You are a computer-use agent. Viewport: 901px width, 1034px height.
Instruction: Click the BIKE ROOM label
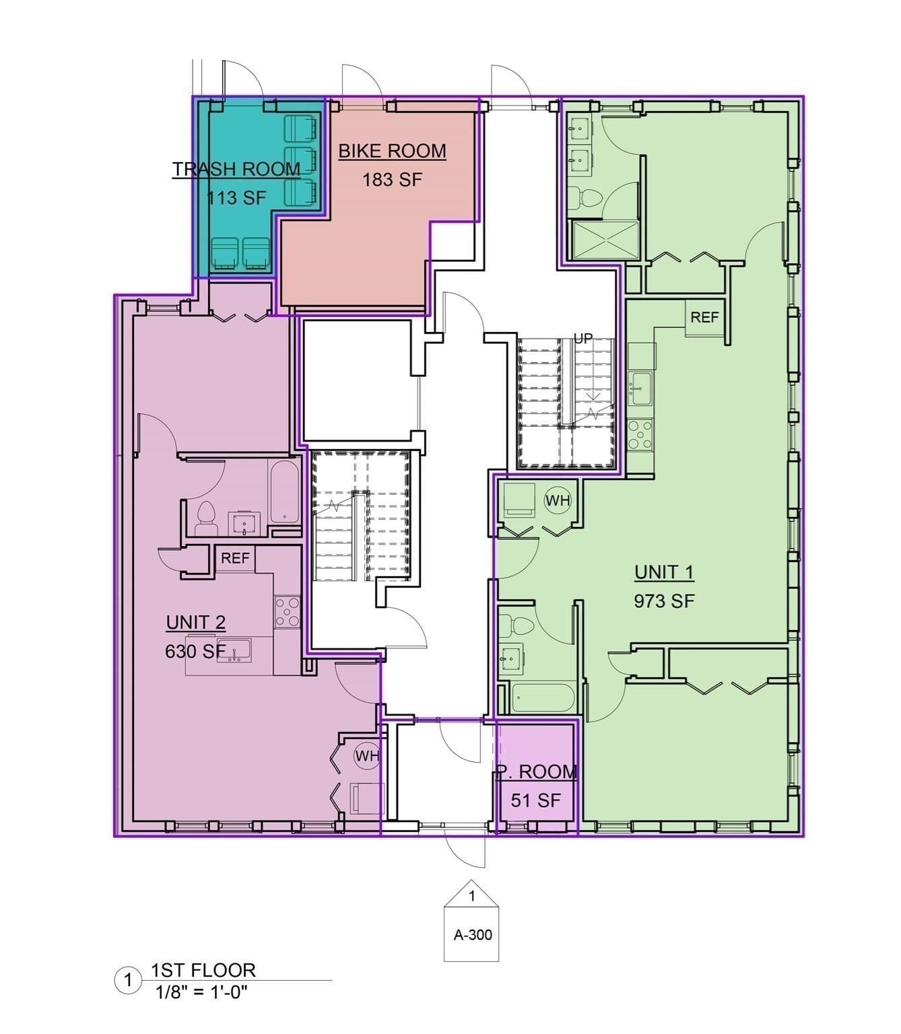(392, 151)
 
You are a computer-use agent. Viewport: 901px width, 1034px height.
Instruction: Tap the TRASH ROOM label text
(236, 169)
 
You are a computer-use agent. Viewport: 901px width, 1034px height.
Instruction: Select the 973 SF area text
(664, 601)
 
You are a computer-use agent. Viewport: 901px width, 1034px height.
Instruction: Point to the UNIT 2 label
(195, 623)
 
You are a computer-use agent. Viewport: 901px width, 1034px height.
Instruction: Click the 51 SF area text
(535, 800)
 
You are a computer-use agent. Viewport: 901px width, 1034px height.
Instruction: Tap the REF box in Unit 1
(704, 317)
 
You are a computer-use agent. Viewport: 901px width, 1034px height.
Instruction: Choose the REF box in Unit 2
(235, 559)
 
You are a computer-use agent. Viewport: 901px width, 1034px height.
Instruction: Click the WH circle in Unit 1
(558, 501)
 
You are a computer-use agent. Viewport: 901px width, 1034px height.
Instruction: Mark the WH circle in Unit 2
(367, 756)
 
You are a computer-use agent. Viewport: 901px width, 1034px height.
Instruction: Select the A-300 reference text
(473, 935)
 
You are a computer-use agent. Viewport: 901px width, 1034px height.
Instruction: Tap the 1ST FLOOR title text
(203, 970)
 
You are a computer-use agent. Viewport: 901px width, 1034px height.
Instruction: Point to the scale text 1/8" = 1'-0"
(201, 992)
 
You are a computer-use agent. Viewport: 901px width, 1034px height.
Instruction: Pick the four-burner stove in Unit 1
(640, 434)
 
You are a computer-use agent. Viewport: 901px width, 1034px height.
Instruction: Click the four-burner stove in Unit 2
(287, 612)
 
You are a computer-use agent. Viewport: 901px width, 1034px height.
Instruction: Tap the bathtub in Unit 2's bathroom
(283, 491)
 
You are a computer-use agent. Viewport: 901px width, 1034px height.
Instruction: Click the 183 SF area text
(392, 180)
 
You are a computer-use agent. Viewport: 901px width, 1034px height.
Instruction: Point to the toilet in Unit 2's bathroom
(205, 518)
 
